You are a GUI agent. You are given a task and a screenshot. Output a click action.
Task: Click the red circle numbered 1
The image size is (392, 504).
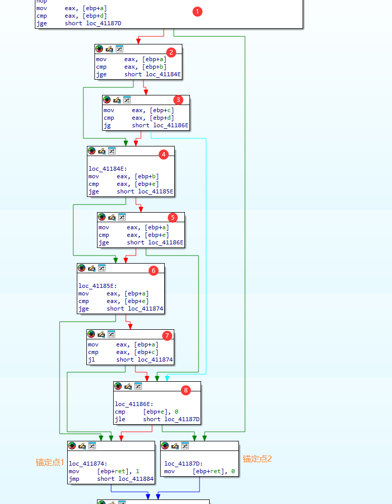click(198, 12)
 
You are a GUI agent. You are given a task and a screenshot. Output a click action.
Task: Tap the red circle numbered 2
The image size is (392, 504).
click(171, 52)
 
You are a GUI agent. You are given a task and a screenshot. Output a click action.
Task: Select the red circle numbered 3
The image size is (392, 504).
click(178, 99)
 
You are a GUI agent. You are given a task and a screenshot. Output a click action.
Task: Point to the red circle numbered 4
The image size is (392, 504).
click(163, 155)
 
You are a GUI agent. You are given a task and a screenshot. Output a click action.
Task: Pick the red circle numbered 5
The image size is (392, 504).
click(173, 217)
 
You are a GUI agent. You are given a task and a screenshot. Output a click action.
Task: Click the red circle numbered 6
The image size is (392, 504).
click(153, 270)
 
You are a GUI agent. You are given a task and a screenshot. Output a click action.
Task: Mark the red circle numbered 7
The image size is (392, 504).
click(167, 335)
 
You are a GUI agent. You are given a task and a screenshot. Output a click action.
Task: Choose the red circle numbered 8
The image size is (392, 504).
click(186, 390)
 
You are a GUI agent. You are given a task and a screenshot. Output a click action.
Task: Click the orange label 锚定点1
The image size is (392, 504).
click(50, 462)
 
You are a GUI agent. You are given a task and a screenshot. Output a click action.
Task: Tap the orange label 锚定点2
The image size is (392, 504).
click(258, 459)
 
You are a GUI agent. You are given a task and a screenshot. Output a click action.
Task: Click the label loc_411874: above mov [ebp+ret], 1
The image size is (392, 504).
click(88, 464)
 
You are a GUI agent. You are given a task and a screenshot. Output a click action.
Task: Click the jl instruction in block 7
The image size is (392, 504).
click(91, 360)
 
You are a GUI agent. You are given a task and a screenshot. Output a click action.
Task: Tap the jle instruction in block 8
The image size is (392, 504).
click(119, 419)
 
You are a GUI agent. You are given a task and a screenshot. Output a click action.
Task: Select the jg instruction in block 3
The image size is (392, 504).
click(107, 125)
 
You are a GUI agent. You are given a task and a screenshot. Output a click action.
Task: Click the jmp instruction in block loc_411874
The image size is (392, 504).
click(74, 479)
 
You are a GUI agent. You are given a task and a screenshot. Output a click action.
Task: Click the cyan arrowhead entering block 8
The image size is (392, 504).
click(167, 378)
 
